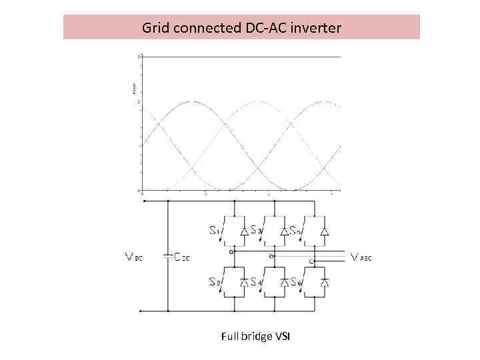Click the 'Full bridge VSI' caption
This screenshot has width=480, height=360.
256,337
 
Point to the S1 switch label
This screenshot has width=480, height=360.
215,231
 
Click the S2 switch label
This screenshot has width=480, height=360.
215,283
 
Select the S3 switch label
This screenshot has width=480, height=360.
257,231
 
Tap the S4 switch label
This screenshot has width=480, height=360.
257,283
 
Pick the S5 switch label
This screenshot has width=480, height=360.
296,231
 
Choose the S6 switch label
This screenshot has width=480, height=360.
296,283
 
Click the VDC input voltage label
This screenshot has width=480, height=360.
133,257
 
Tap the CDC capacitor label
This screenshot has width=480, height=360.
181,257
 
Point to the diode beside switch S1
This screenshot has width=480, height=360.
243,231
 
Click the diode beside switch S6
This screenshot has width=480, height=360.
324,283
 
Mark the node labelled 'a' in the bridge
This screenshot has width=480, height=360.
231,252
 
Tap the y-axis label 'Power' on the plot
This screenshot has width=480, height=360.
133,87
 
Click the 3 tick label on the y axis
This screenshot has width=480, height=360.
138,57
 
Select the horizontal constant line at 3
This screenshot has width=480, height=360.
240,57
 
